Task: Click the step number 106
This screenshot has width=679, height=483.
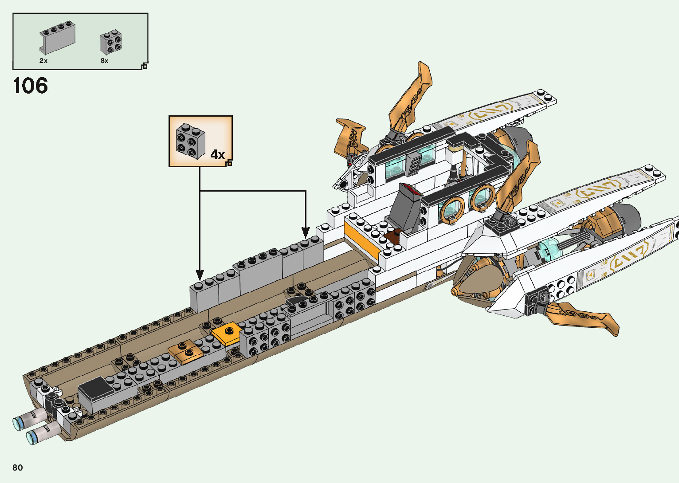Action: tap(30, 86)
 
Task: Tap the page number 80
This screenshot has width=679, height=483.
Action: tap(18, 467)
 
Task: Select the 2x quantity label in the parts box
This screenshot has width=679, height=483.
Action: tap(43, 61)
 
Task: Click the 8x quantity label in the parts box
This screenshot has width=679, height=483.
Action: tap(105, 61)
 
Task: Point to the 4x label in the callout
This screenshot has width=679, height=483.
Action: tap(217, 155)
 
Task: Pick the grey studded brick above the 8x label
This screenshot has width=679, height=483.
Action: tap(111, 43)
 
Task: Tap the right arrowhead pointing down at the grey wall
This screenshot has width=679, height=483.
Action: tap(306, 232)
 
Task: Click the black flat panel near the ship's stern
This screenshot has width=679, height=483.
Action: tap(96, 388)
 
